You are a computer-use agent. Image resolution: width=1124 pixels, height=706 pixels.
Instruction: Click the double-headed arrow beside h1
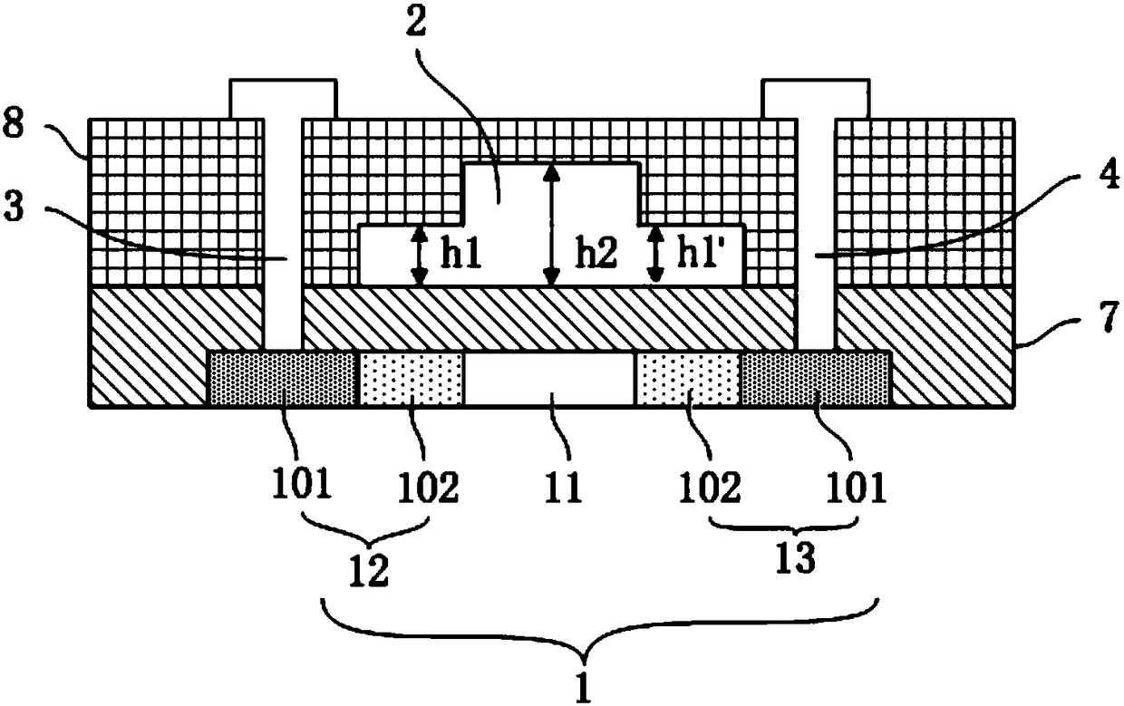[419, 256]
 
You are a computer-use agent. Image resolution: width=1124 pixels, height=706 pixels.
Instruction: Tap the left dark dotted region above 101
[282, 380]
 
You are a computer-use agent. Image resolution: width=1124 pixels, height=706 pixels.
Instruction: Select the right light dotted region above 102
[689, 380]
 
